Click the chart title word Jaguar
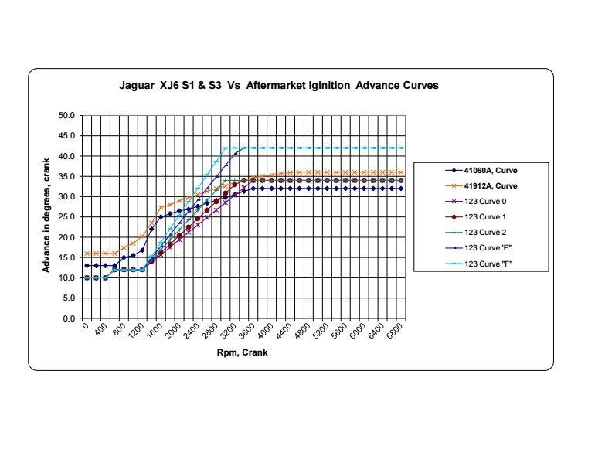tap(138, 86)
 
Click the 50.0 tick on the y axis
tap(66, 116)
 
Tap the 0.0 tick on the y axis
tap(69, 318)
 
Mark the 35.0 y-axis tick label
tap(66, 176)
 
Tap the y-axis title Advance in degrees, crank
tap(46, 216)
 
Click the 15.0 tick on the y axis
tap(66, 257)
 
